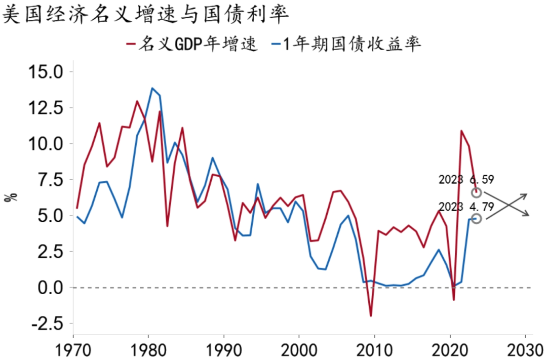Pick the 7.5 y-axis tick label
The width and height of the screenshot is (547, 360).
pos(50,180)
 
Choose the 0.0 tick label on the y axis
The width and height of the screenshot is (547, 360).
pos(50,288)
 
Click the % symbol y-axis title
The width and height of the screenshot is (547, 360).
pos(11,196)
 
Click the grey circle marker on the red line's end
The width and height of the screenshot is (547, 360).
pos(476,192)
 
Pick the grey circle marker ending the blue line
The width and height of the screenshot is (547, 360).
pos(476,218)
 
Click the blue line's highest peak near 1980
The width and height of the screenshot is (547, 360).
pos(152,88)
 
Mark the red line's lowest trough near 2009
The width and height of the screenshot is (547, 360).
pos(371,316)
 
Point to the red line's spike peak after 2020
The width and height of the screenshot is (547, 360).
pos(461,131)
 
